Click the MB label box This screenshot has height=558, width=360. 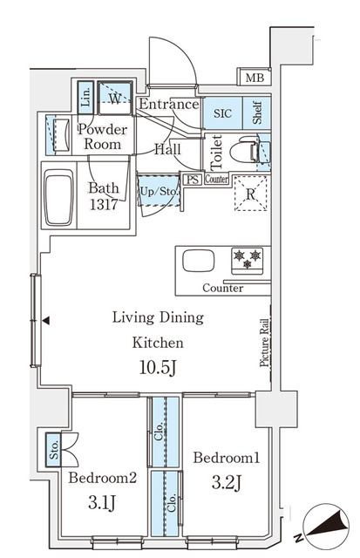point(253,78)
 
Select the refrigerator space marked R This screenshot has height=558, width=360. point(251,194)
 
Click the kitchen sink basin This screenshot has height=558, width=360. point(197,261)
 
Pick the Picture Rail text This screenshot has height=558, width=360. point(263,341)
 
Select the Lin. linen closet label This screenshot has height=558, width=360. point(85,97)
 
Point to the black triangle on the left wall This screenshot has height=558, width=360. point(46,321)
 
